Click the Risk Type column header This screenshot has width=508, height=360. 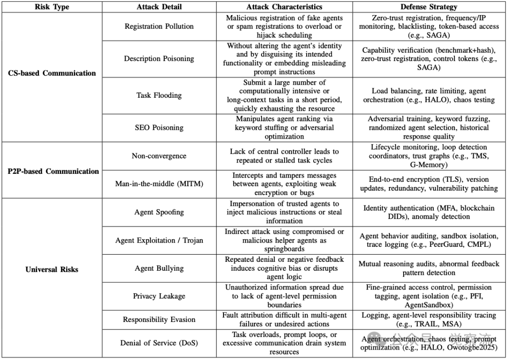click(52, 7)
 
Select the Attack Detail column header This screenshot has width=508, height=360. click(159, 7)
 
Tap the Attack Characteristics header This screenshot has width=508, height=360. click(284, 7)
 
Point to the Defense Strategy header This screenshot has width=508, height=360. click(429, 7)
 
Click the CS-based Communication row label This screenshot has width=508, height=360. click(52, 73)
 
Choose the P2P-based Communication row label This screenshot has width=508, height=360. click(53, 171)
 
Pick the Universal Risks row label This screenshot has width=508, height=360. click(52, 269)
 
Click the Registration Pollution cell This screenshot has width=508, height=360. click(159, 26)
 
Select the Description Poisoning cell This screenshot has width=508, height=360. click(159, 59)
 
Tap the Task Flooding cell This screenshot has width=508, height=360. click(159, 95)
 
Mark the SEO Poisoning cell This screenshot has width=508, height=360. click(159, 127)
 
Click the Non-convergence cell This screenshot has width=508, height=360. click(159, 156)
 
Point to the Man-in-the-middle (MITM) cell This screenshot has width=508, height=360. click(159, 184)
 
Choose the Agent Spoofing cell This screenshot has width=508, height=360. click(159, 212)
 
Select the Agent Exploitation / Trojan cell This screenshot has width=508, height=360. click(159, 240)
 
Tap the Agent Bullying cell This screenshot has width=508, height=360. click(159, 268)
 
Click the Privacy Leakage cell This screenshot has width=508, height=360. click(159, 296)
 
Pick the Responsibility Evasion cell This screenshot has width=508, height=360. click(159, 320)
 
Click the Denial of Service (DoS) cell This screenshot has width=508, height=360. click(159, 343)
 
